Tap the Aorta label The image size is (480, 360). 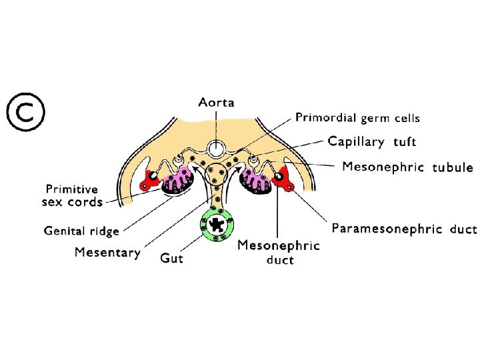[216, 103]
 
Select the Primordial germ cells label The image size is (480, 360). [357, 118]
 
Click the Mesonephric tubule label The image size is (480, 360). [407, 167]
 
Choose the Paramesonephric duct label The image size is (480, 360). [404, 229]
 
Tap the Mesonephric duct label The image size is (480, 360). [279, 252]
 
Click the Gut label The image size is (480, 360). [171, 257]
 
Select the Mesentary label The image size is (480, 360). [107, 252]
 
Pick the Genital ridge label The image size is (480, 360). [81, 231]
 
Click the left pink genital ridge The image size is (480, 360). [179, 180]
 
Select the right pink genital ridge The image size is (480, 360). [254, 180]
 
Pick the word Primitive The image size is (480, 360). [71, 189]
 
